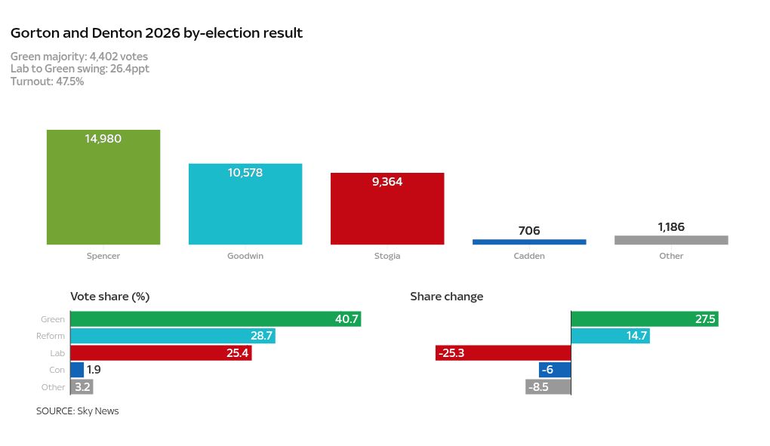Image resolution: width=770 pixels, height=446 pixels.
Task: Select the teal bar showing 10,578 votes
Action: click(x=245, y=208)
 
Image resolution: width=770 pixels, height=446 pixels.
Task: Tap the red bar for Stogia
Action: click(x=387, y=211)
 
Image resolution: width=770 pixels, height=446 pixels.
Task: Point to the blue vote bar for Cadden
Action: click(x=529, y=241)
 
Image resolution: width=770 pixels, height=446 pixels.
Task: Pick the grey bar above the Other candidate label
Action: click(x=671, y=240)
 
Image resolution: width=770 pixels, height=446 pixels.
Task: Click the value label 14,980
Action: click(x=103, y=139)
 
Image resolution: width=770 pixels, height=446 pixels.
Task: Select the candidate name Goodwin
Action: click(x=245, y=256)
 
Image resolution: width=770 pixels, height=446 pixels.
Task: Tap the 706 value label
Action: click(x=529, y=231)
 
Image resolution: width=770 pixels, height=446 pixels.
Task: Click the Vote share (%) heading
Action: click(x=110, y=297)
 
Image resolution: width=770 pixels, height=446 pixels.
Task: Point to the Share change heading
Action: click(x=446, y=297)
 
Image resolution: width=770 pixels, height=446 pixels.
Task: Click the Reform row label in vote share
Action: click(x=51, y=336)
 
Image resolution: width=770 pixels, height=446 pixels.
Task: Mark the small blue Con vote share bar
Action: click(x=77, y=370)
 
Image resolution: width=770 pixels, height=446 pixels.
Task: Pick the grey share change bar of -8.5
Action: click(x=548, y=387)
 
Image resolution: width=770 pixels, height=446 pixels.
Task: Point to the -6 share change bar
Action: click(x=555, y=370)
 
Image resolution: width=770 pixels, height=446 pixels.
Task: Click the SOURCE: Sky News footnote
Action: click(x=77, y=411)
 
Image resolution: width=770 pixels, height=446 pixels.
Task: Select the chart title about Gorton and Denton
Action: click(x=156, y=33)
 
